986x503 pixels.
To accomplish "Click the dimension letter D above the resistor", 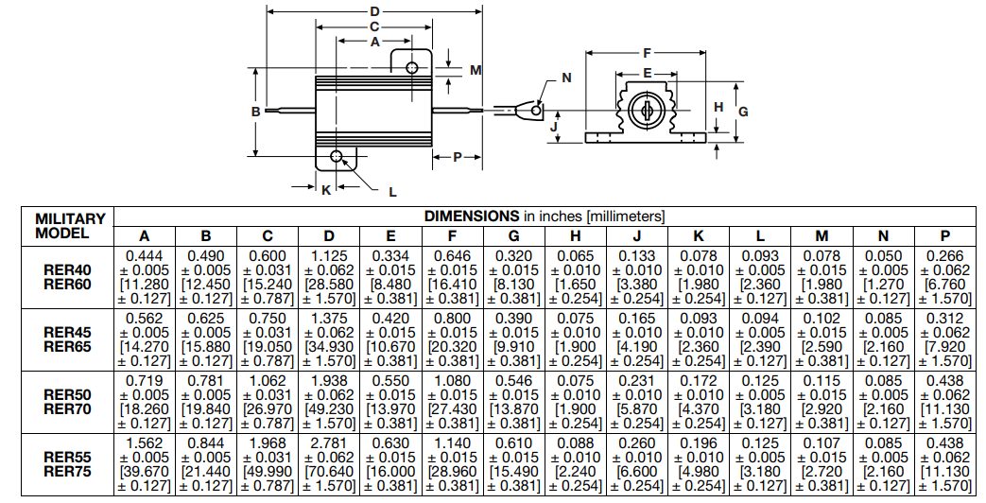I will pos(374,11).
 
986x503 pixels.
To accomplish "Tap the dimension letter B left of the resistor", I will pos(255,112).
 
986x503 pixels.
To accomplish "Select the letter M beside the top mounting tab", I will pos(476,70).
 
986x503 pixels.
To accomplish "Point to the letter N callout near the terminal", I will pos(566,78).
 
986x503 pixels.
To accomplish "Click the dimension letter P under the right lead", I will pos(457,157).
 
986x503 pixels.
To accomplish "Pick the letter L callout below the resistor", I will pos(392,191).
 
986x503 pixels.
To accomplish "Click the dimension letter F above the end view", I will pos(647,52).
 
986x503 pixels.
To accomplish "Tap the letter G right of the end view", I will pos(743,112).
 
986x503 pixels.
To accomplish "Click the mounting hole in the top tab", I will pos(412,68).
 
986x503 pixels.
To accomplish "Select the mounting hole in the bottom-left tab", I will pos(336,156).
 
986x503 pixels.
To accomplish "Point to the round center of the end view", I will pos(647,111).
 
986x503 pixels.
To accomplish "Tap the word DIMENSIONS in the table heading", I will pos(471,216).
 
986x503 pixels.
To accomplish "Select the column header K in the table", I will pos(699,236).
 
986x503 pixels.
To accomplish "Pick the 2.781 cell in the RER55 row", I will pos(329,442).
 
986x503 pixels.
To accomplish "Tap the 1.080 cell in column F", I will pos(452,380).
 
